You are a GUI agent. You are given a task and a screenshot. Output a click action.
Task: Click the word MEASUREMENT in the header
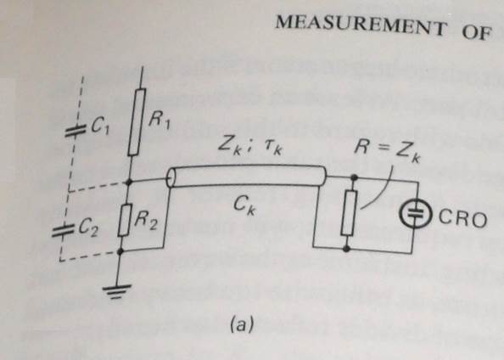(x=361, y=25)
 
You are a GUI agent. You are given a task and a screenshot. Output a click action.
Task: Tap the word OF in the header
(x=477, y=32)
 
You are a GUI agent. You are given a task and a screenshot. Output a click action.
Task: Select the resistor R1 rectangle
(x=137, y=122)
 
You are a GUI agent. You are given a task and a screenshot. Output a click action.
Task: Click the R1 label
(x=160, y=121)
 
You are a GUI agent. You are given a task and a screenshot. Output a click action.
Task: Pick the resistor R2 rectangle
(x=125, y=220)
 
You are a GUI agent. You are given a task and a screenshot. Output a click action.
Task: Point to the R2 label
(x=146, y=221)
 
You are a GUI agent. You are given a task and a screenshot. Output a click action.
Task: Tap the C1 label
(x=100, y=127)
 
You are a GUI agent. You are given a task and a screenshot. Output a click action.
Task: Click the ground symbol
(x=116, y=291)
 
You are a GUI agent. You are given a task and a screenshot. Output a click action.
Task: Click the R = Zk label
(x=387, y=150)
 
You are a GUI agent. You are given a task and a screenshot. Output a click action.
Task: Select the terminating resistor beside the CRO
(x=349, y=212)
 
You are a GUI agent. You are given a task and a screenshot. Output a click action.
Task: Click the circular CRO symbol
(x=415, y=213)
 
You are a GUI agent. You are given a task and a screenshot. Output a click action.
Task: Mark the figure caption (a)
(x=242, y=324)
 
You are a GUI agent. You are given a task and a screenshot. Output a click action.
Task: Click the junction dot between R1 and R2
(x=129, y=183)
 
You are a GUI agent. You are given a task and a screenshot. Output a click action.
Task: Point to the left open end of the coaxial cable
(x=171, y=177)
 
